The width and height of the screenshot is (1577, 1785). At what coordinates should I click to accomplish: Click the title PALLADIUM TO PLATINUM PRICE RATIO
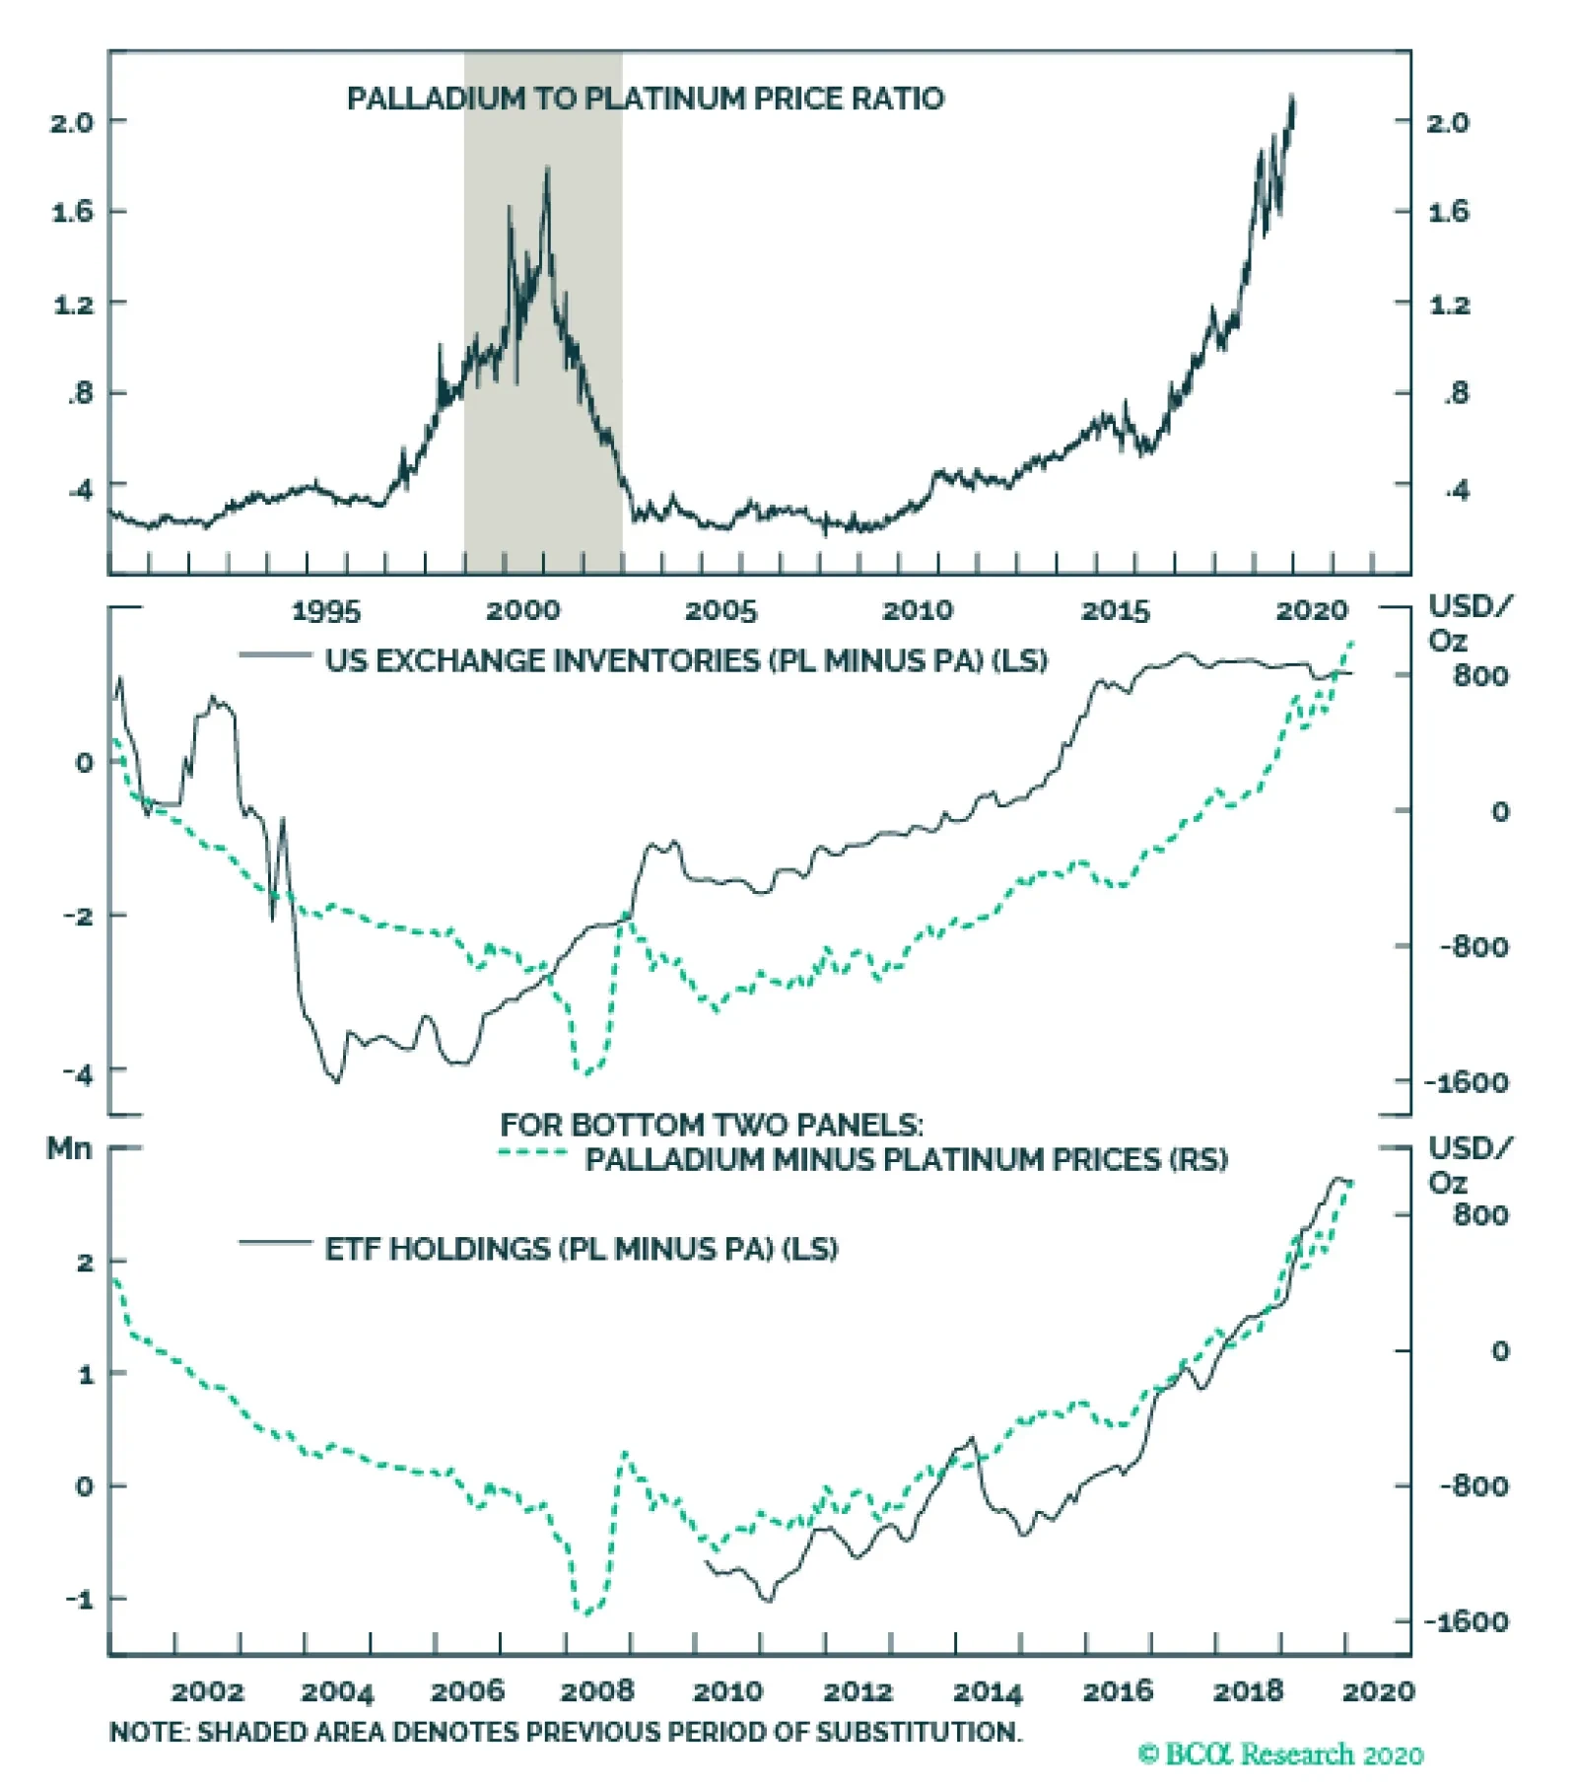(x=646, y=99)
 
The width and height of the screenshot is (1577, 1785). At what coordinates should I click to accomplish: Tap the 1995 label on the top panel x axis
(x=326, y=611)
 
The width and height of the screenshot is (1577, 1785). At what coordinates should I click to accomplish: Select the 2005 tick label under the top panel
(x=720, y=611)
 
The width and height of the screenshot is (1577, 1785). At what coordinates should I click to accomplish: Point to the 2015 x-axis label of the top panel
(x=1116, y=611)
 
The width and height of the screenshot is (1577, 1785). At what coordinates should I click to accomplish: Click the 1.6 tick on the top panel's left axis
(x=72, y=212)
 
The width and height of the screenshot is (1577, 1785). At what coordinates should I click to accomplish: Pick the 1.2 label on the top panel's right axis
(x=1449, y=305)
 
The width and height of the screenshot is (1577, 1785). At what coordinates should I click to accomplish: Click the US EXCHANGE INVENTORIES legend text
(x=686, y=660)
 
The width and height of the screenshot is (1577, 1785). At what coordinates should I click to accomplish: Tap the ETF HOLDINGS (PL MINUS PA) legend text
(x=582, y=1249)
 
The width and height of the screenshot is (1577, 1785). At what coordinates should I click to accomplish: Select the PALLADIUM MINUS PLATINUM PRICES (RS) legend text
(x=906, y=1159)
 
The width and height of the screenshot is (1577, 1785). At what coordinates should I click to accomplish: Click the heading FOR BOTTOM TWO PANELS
(x=712, y=1125)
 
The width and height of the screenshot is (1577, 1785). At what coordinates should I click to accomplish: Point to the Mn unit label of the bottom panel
(x=69, y=1148)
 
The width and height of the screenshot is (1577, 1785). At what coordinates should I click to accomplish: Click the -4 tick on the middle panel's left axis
(x=78, y=1072)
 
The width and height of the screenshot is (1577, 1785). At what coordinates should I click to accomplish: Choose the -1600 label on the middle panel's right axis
(x=1467, y=1082)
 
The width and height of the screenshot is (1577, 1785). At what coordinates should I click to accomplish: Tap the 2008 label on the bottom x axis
(x=597, y=1692)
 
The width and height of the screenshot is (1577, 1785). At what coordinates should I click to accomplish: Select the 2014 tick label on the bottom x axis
(x=988, y=1692)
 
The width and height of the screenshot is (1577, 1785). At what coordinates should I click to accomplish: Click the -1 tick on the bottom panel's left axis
(x=80, y=1599)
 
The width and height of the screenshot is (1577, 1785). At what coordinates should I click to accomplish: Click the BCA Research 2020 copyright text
(x=1280, y=1754)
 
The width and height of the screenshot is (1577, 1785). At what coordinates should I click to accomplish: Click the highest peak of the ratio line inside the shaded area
(x=547, y=170)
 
